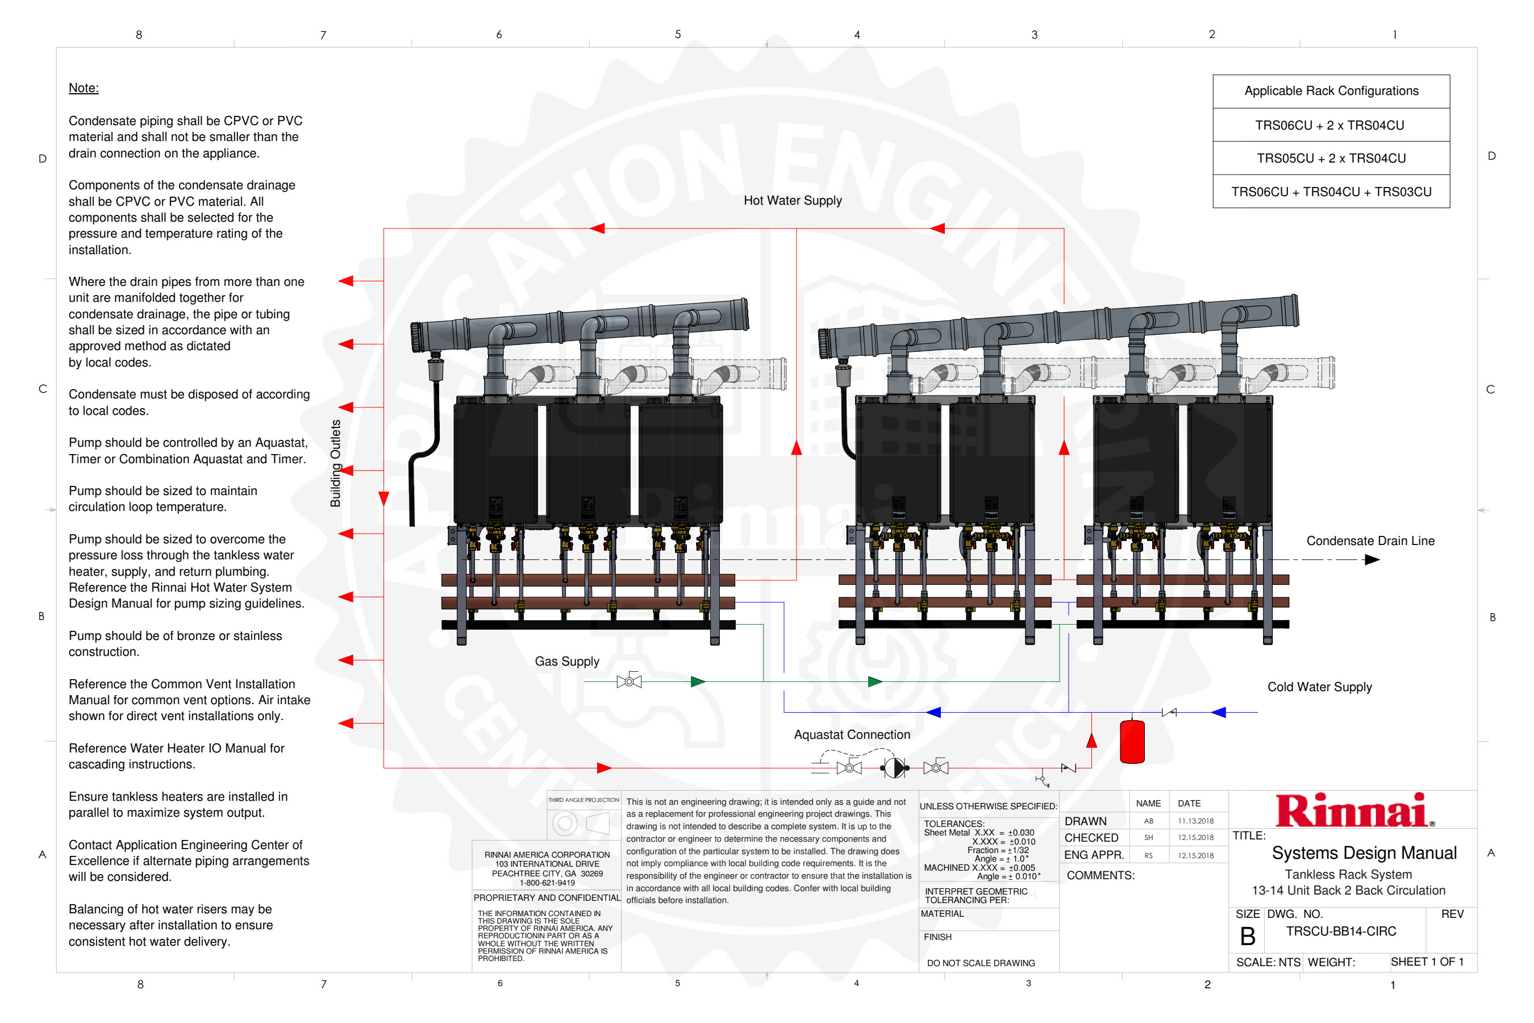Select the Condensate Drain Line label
(x=1370, y=541)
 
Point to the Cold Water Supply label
(x=1319, y=687)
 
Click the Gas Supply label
(x=567, y=662)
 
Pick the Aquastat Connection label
(x=852, y=735)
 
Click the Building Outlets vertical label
(x=335, y=463)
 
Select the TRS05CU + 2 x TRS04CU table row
(x=1331, y=159)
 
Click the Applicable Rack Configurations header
(x=1331, y=92)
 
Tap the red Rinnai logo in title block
(x=1354, y=810)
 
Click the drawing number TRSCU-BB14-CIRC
(x=1340, y=931)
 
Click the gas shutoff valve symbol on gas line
(x=629, y=682)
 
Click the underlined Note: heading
(x=84, y=88)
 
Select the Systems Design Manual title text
(x=1363, y=854)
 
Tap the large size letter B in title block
(x=1247, y=937)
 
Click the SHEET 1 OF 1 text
(x=1427, y=962)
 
